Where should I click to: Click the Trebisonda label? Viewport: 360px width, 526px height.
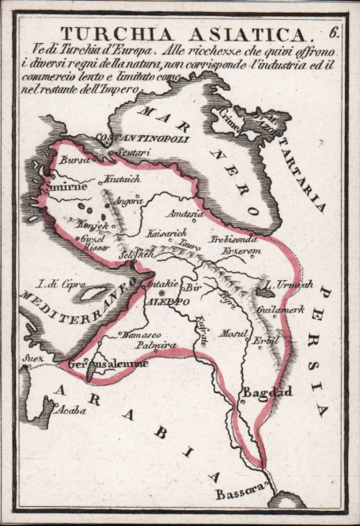(x=233, y=239)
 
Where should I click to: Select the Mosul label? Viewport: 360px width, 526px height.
(x=235, y=333)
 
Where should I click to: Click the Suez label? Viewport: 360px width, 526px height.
(x=33, y=358)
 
